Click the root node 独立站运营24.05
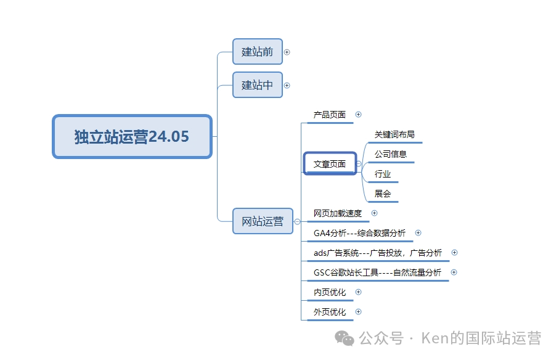click(132, 136)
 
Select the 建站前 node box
click(258, 52)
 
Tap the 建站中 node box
click(258, 85)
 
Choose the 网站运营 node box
click(263, 221)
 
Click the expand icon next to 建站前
click(287, 52)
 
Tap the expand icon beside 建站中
click(287, 85)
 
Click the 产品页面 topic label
click(330, 115)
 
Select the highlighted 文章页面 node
click(330, 164)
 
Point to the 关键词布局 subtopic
click(394, 134)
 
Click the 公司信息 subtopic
click(391, 154)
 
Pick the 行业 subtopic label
click(383, 174)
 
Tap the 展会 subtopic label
click(383, 194)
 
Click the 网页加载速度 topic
click(338, 213)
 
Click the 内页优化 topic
click(330, 292)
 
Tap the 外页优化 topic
click(330, 312)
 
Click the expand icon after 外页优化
click(359, 312)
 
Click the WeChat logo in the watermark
click(345, 338)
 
